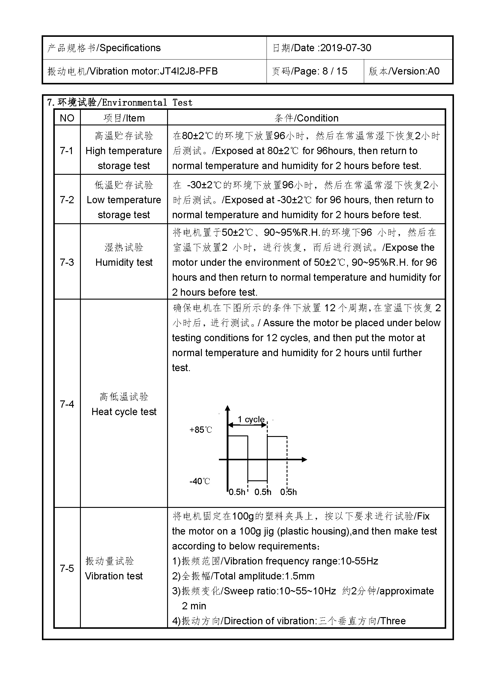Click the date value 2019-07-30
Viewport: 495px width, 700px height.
pyautogui.click(x=346, y=48)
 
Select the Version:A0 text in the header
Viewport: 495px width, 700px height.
pyautogui.click(x=415, y=71)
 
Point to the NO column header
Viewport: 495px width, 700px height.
pyautogui.click(x=67, y=118)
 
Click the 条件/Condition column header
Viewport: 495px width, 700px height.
pyautogui.click(x=306, y=118)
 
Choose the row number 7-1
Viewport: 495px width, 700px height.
pyautogui.click(x=67, y=151)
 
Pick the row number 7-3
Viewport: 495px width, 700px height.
pyautogui.click(x=67, y=262)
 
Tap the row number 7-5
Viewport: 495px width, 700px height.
pyautogui.click(x=67, y=568)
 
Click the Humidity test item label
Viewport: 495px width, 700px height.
pyautogui.click(x=124, y=262)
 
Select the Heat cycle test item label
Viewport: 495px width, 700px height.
pyautogui.click(x=124, y=412)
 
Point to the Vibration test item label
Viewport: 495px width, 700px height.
pyautogui.click(x=114, y=576)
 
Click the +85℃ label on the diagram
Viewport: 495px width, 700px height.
pyautogui.click(x=201, y=430)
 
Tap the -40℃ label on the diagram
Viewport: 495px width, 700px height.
pyautogui.click(x=200, y=482)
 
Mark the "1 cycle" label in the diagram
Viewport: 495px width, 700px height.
pyautogui.click(x=251, y=420)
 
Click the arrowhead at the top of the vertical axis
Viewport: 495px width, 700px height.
pyautogui.click(x=228, y=408)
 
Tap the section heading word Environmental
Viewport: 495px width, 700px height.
pyautogui.click(x=134, y=103)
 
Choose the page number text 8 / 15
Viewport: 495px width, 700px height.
pyautogui.click(x=335, y=71)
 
